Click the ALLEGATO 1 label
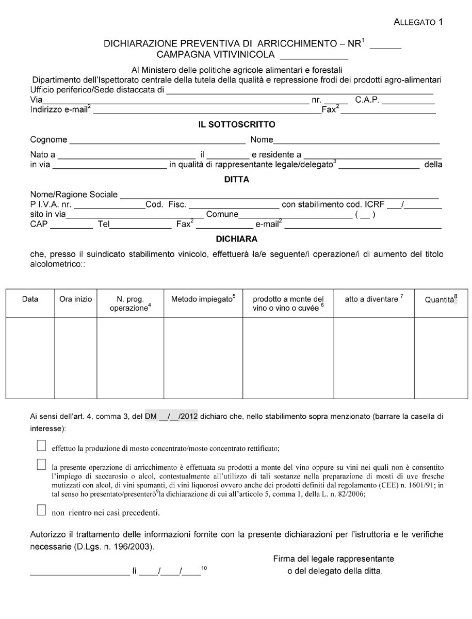click(418, 22)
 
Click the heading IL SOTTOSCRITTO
click(237, 124)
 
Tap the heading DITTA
click(237, 180)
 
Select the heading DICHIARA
click(237, 239)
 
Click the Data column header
click(30, 299)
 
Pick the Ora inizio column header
click(75, 299)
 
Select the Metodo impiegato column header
click(203, 299)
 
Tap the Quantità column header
click(441, 299)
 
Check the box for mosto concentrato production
click(41, 445)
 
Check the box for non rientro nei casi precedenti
click(41, 511)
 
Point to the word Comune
click(222, 214)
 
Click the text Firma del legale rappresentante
click(333, 559)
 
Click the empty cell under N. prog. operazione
click(130, 358)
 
